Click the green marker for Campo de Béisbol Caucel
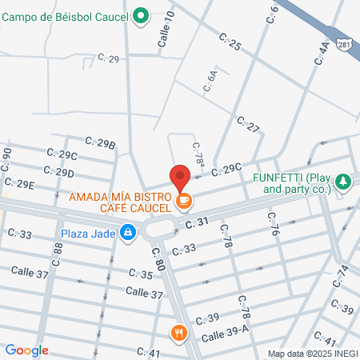coord(142,14)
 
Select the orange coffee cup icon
coord(184,200)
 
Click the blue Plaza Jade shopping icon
coord(127,233)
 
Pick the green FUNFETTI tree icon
coord(343,182)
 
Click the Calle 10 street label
coord(167,33)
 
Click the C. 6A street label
coord(211,82)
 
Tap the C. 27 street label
coord(249,125)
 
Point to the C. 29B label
coord(102,144)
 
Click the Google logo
coord(26,350)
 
